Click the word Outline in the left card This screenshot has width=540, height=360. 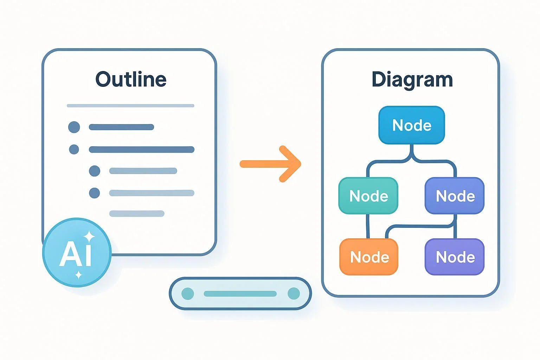point(131,79)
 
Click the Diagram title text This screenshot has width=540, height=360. point(412,79)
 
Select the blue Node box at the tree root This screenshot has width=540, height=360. point(412,125)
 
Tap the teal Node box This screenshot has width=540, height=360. point(368,196)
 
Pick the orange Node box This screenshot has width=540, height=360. point(369,257)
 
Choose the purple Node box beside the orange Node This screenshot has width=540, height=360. point(455,257)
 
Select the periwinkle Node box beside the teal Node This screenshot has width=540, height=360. point(455,196)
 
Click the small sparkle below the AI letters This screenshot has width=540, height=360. point(79,275)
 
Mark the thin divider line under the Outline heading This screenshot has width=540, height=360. point(130,105)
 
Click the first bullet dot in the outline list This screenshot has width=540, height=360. point(74,127)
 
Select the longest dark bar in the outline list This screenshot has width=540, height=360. point(141,149)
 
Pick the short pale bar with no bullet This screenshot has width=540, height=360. point(137,213)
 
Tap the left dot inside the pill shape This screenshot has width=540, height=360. point(187,294)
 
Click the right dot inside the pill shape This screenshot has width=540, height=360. point(294,294)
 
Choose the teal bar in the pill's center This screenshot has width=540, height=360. point(240,294)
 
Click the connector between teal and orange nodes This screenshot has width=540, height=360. point(368,226)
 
